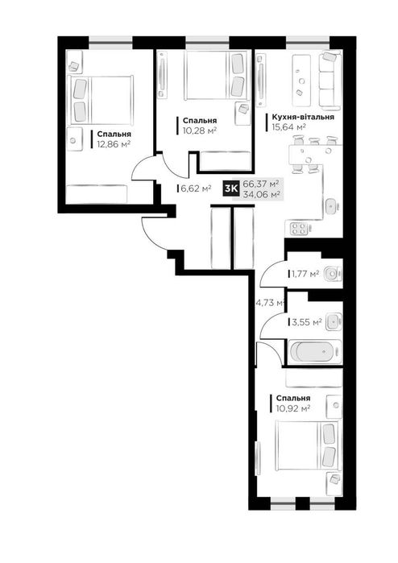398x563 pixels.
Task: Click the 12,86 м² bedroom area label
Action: click(x=114, y=144)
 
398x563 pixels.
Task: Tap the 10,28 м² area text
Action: click(x=199, y=130)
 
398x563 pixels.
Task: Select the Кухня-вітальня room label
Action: click(x=303, y=117)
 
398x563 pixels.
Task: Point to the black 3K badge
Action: click(x=231, y=188)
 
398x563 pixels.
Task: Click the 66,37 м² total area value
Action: click(x=261, y=184)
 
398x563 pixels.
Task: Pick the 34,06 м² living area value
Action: click(x=262, y=194)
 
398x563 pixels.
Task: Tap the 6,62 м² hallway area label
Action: click(x=196, y=188)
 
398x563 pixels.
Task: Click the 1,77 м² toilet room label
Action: click(x=305, y=275)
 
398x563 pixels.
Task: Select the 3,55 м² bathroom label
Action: click(x=306, y=322)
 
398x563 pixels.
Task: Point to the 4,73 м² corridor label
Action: click(x=270, y=303)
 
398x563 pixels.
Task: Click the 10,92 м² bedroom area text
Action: click(x=293, y=408)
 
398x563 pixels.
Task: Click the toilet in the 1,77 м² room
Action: click(x=333, y=275)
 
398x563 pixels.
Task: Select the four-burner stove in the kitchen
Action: click(x=299, y=229)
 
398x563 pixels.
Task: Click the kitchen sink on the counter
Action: click(x=332, y=206)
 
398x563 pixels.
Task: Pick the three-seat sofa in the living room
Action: click(x=330, y=81)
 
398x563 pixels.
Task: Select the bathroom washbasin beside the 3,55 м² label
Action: click(x=334, y=321)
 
